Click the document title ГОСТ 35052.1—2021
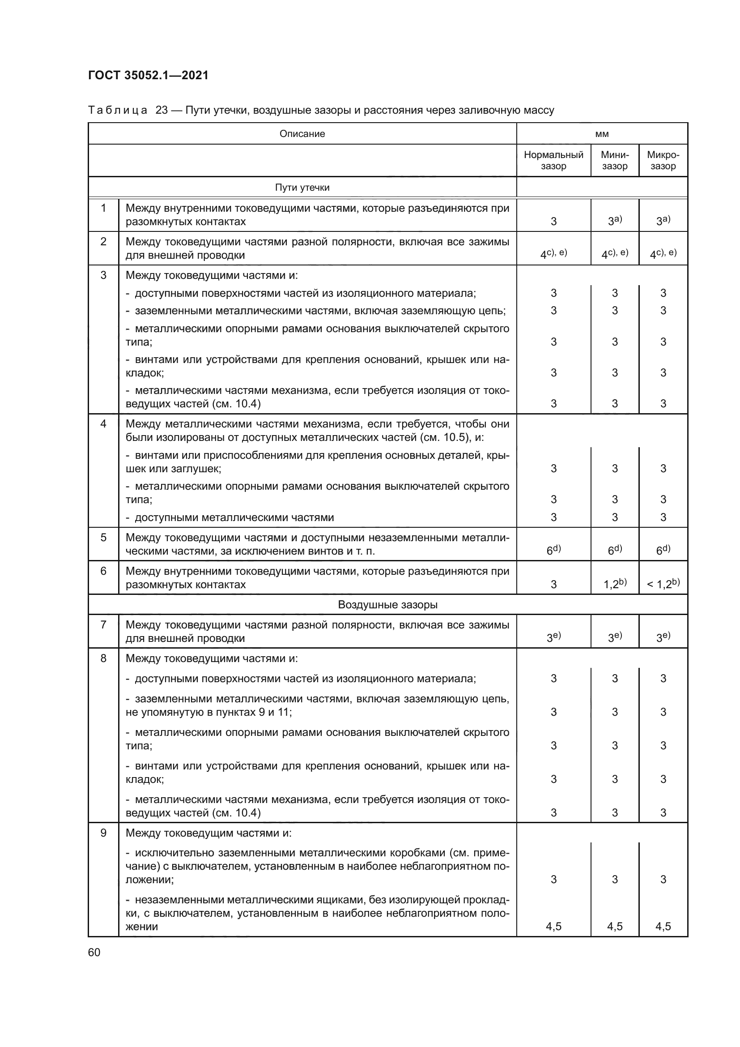[148, 75]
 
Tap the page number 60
[94, 952]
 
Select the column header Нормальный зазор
[553, 160]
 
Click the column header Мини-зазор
[614, 160]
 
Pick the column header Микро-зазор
[663, 160]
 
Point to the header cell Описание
[302, 133]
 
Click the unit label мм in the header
[601, 133]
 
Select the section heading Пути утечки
[302, 188]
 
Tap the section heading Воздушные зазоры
[387, 605]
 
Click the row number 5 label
[103, 538]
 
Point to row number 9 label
[103, 833]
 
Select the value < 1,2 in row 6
[663, 584]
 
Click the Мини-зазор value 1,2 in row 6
[614, 584]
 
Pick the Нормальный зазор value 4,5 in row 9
[553, 926]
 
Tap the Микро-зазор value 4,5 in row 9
[663, 926]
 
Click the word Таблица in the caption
[118, 111]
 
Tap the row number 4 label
[103, 424]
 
